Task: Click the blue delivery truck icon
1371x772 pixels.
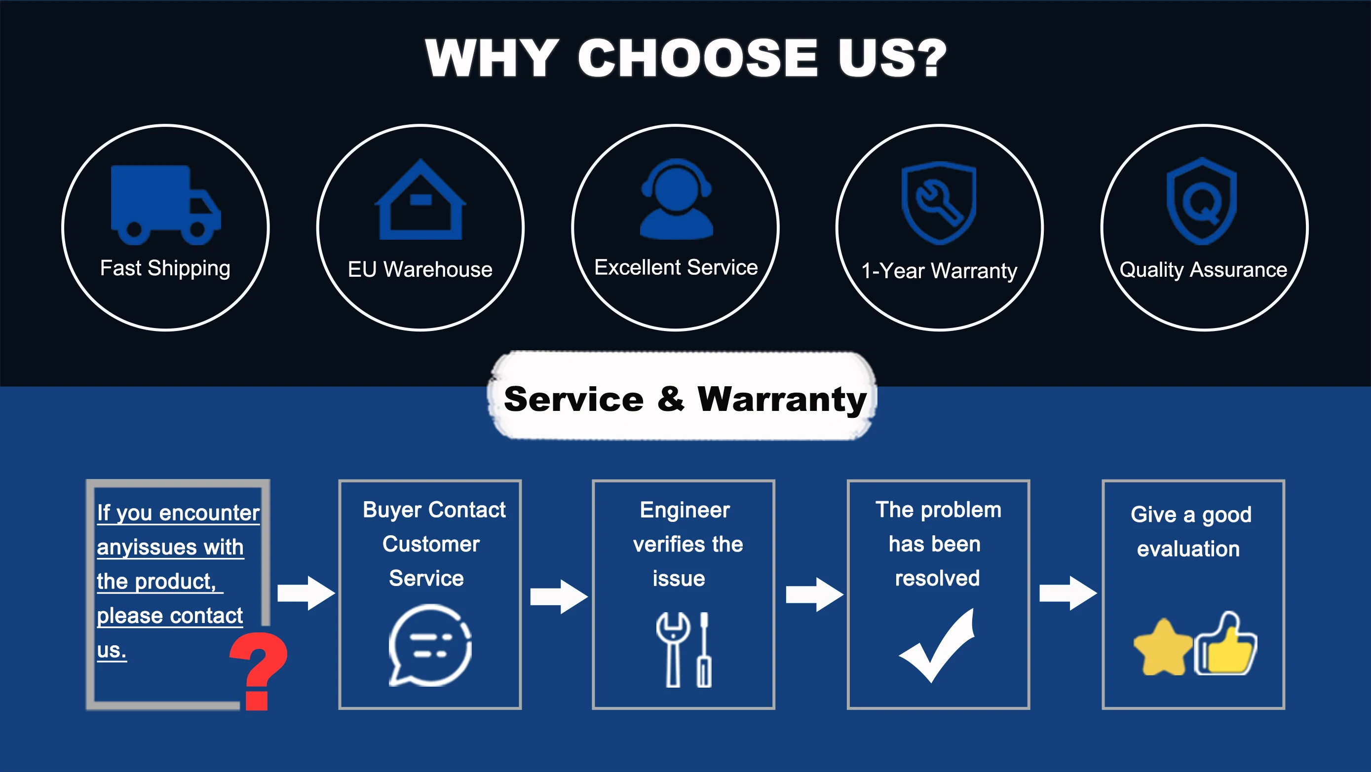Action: point(165,205)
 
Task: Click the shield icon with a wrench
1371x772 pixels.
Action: point(939,203)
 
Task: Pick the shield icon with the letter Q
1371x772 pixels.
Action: point(1202,201)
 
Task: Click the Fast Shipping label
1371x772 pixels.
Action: point(165,269)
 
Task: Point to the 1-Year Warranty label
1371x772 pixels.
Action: point(939,271)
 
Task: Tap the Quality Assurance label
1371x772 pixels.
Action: point(1203,270)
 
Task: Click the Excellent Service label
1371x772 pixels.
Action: point(676,267)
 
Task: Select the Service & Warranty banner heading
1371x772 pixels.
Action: point(685,399)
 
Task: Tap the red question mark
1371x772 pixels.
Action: point(259,671)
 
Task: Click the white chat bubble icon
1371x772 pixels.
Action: point(430,645)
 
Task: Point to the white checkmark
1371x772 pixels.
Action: point(937,645)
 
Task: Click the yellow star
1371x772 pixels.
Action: point(1163,647)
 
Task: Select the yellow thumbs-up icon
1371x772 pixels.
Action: point(1226,643)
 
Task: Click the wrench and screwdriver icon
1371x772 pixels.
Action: point(684,650)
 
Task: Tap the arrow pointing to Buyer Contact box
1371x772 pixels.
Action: point(306,593)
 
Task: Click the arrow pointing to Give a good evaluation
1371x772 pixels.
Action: point(1068,593)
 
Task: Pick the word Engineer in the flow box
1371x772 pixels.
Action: point(685,510)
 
